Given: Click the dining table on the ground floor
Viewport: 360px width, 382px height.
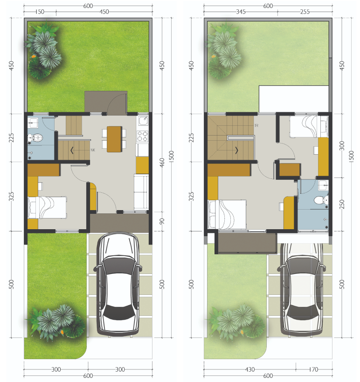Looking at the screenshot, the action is point(114,139).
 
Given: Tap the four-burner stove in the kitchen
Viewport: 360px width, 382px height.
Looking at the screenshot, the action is point(142,136).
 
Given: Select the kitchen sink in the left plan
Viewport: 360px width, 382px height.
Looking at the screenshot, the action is point(143,120).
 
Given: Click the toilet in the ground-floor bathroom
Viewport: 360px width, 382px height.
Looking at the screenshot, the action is point(36,138).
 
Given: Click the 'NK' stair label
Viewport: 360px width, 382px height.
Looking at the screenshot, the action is point(93,150).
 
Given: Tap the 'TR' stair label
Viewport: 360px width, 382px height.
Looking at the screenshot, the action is point(256,125).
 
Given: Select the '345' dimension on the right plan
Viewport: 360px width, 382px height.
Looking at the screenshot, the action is point(241,12).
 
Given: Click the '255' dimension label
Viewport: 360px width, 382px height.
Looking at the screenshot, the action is point(305,12).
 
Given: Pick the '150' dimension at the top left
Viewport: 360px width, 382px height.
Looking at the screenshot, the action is point(40,12).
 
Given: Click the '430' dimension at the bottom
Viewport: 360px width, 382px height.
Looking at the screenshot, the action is point(249,369).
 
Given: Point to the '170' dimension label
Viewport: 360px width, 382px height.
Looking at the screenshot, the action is point(313,369).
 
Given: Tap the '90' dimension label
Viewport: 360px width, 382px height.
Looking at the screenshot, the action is point(162,221).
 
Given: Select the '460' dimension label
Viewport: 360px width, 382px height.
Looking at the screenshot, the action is point(162,163).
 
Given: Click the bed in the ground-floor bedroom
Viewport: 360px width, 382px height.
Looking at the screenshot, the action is point(47,208).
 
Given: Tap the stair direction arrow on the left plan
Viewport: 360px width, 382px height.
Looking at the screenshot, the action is point(72,150).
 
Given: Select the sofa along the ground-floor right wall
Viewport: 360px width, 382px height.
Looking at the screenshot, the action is point(141,192).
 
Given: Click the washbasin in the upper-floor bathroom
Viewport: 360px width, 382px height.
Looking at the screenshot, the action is point(324,185).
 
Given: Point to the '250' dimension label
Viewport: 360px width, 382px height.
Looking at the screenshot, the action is point(342,204).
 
